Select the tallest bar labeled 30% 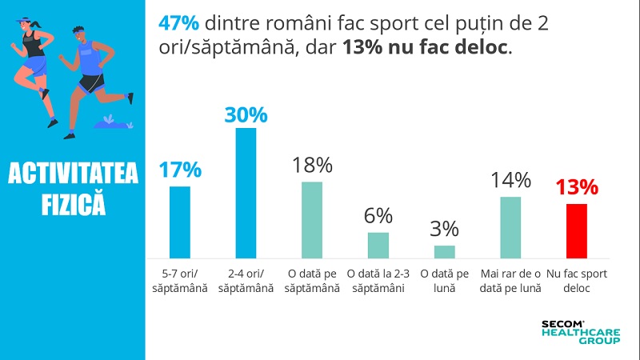tap(246, 192)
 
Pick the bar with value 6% tap(378, 244)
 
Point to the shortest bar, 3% tap(445, 251)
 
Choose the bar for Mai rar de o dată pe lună tap(510, 226)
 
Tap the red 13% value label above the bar tap(577, 188)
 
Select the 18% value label tap(312, 166)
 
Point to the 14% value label tap(510, 180)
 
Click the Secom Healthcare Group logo tap(581, 331)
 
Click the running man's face tap(78, 35)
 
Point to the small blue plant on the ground tap(110, 121)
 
